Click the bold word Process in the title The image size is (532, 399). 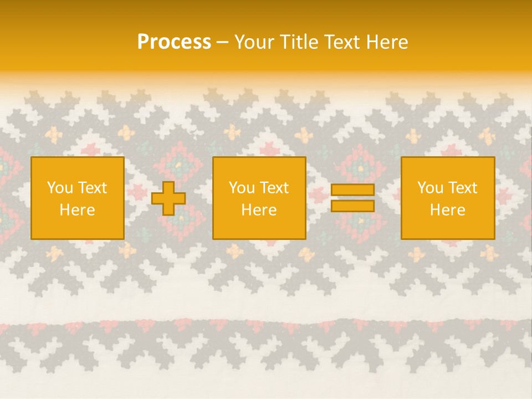point(174,42)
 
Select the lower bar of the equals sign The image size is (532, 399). point(352,206)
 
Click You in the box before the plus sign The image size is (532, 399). point(59,188)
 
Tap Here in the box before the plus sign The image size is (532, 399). point(78,210)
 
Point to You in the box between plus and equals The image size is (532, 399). point(241,188)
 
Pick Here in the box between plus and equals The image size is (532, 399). point(259,210)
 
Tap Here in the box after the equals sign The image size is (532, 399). point(448,210)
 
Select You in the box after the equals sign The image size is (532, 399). point(429,188)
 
